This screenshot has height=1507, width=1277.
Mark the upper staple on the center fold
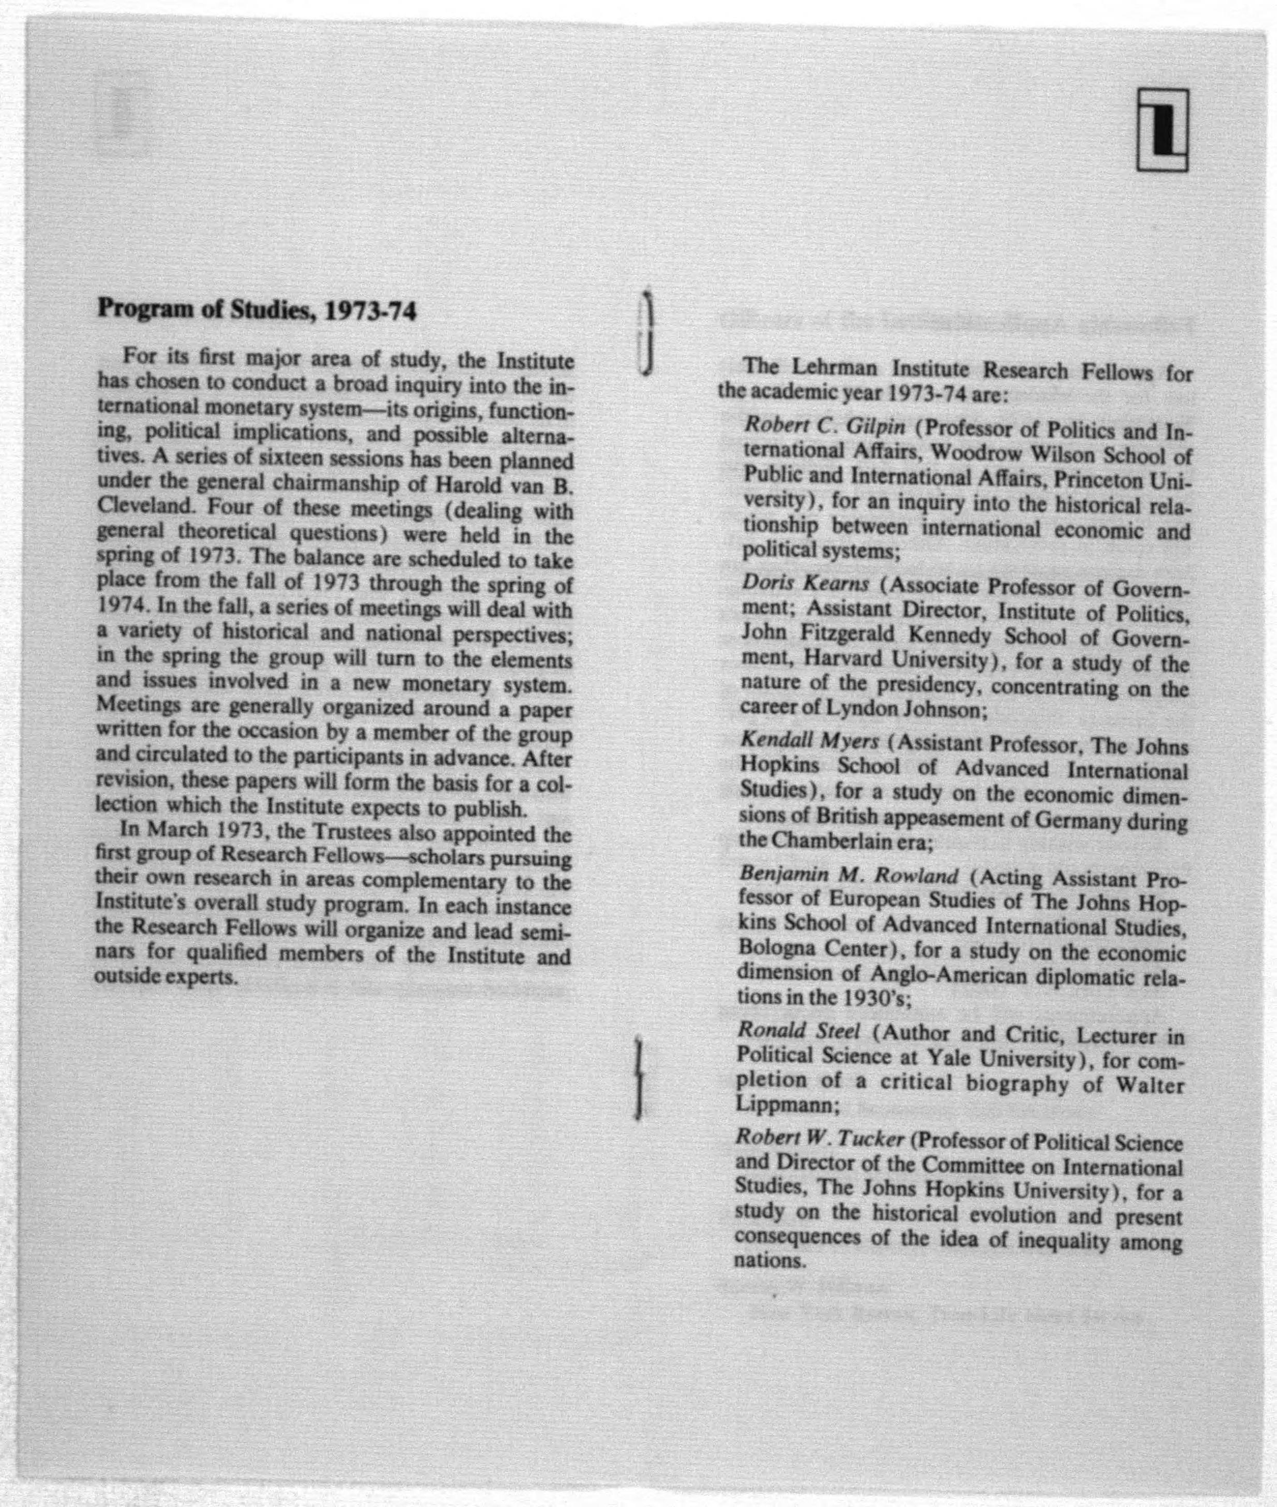(645, 332)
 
